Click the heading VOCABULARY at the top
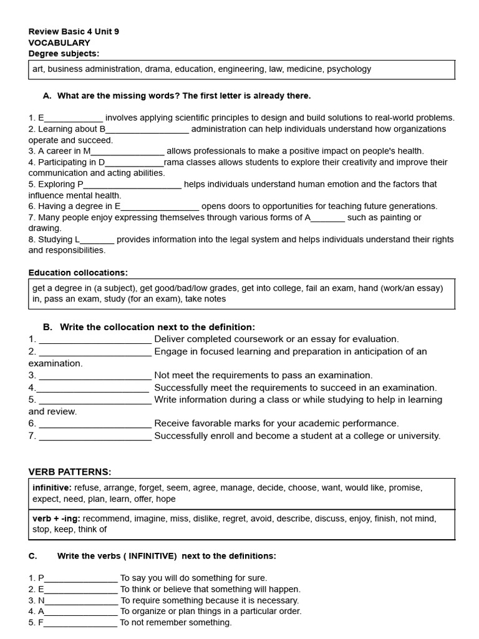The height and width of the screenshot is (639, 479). [x=59, y=42]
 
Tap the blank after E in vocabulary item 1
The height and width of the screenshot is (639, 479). [x=74, y=118]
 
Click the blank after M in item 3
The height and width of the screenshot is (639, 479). [x=128, y=151]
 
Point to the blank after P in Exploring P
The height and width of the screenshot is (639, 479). [x=132, y=185]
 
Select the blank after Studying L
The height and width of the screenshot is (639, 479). [x=97, y=240]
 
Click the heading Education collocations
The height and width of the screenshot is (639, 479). [x=78, y=273]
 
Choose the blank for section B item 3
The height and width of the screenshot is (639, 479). [x=95, y=376]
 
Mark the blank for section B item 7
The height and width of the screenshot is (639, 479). [x=95, y=436]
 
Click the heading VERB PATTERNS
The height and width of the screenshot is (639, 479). [x=70, y=472]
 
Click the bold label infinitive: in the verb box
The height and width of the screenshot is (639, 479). [x=52, y=488]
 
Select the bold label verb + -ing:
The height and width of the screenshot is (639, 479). [x=56, y=519]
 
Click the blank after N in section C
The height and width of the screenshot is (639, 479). [x=82, y=600]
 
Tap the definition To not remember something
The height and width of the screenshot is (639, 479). [x=176, y=623]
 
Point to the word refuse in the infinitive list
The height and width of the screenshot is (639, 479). [x=87, y=488]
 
